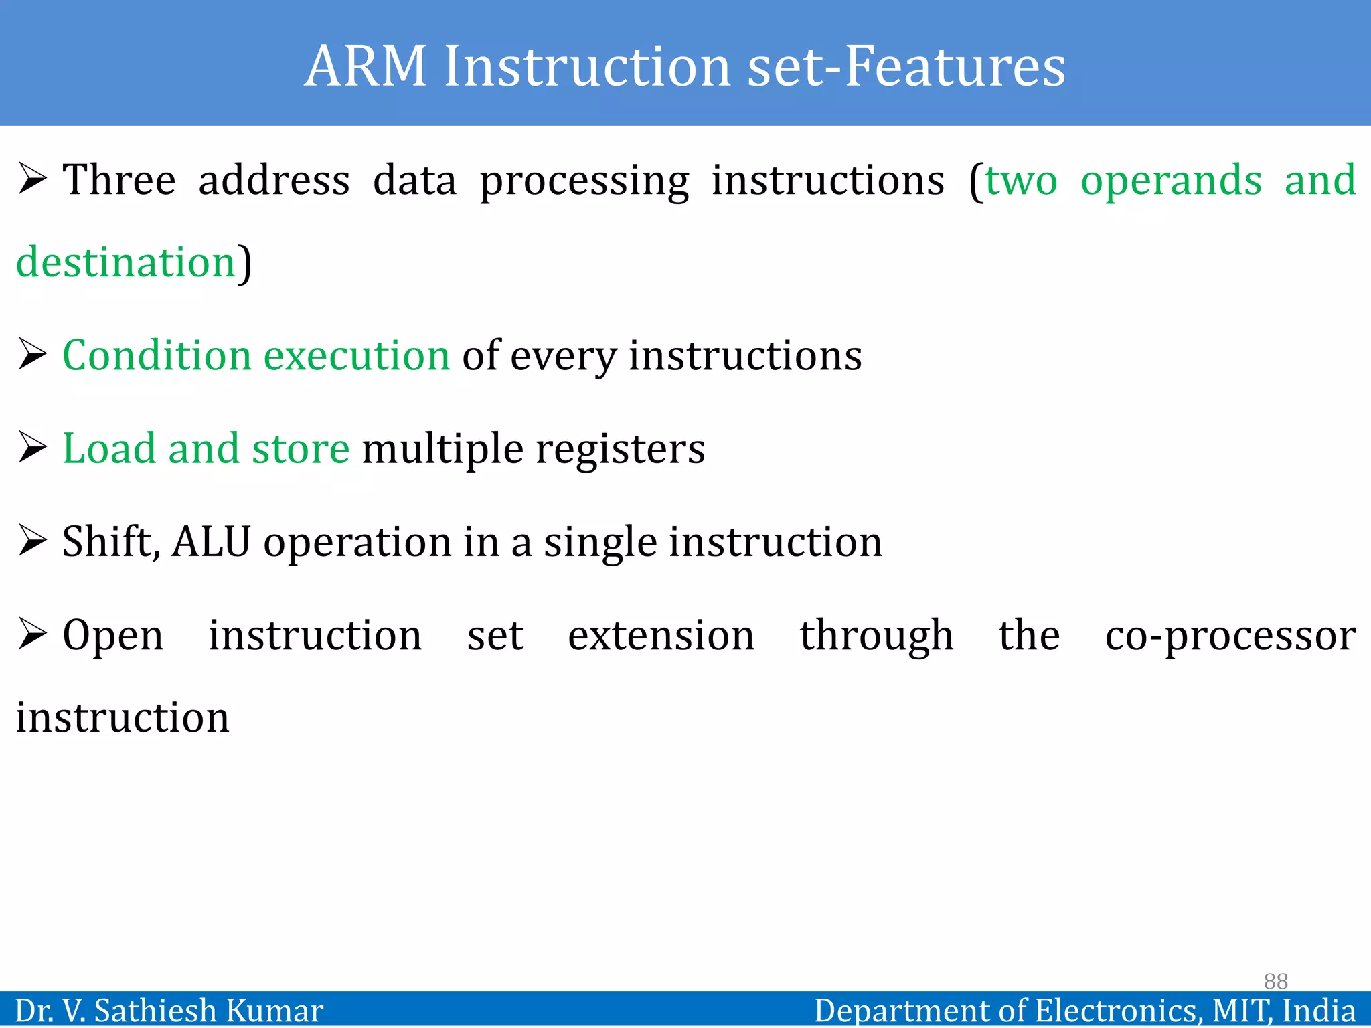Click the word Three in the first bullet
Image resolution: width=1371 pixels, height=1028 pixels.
pos(119,180)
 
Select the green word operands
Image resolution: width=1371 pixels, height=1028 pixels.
pos(1172,181)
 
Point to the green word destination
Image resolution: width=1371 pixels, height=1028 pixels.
pos(126,262)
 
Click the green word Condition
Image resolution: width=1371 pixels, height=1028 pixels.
pos(157,355)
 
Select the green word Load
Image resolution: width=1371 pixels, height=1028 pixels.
pos(108,448)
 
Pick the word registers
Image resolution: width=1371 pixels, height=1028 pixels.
pos(620,450)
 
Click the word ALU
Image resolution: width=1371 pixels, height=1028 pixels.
pos(211,541)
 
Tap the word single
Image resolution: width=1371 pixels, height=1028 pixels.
pos(600,543)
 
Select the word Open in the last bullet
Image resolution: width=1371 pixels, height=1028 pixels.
pos(112,636)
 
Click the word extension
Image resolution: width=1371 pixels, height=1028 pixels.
pos(661,635)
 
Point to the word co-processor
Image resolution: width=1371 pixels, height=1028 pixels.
pos(1230,636)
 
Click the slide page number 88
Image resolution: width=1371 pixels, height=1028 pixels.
pos(1275,981)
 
